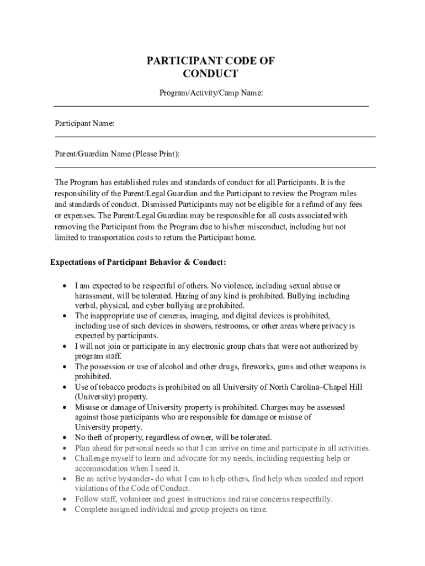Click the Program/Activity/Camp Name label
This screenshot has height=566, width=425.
coord(211,93)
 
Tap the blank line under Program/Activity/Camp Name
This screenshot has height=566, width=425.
coord(211,105)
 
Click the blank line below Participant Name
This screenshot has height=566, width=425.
coord(215,136)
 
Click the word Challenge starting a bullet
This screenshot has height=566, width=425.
coord(92,458)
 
